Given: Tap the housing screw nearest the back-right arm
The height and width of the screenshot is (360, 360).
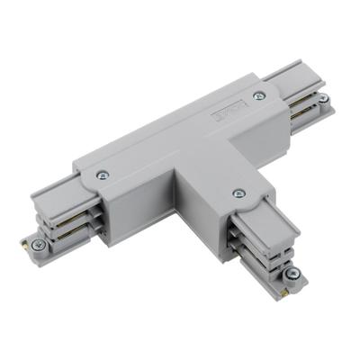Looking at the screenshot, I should (x=260, y=95).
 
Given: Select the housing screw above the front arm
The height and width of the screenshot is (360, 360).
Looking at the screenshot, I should (x=238, y=193).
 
